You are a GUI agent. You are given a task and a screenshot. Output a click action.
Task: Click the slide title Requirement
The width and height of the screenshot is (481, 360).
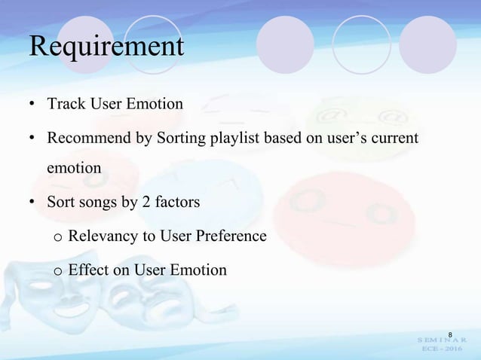click(106, 46)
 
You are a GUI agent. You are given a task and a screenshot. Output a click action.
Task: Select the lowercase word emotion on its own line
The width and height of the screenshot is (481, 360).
click(74, 168)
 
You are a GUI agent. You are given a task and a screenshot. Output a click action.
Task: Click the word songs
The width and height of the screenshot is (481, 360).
click(97, 202)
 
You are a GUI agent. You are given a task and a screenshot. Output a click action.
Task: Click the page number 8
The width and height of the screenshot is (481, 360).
click(449, 334)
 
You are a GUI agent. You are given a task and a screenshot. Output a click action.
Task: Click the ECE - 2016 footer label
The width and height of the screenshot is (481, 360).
click(444, 350)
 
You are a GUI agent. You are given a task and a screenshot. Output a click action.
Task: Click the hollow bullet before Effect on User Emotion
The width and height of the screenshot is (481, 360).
click(57, 270)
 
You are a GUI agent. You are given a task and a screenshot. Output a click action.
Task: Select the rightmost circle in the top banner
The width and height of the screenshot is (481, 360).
click(427, 44)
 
